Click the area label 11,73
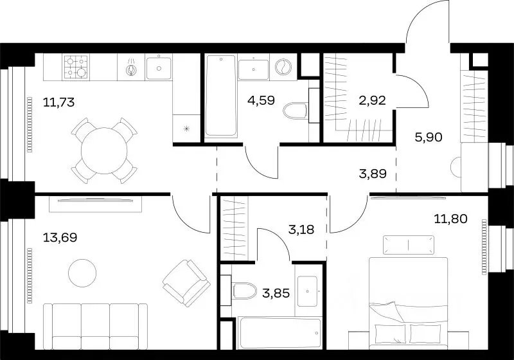(x=59, y=103)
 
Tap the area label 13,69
(x=60, y=237)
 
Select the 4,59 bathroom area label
(x=261, y=100)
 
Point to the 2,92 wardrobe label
(x=372, y=100)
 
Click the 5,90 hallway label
(x=429, y=137)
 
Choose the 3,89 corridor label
(x=373, y=174)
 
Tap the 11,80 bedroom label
(x=451, y=219)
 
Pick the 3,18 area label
(x=301, y=230)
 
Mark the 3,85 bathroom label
(x=276, y=293)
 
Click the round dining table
(x=104, y=151)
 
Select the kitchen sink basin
(x=159, y=68)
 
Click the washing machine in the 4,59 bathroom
(x=283, y=67)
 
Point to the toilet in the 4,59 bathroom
(x=295, y=111)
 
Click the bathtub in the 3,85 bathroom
(x=280, y=334)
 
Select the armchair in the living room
(x=186, y=283)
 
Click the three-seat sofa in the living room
(x=95, y=327)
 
